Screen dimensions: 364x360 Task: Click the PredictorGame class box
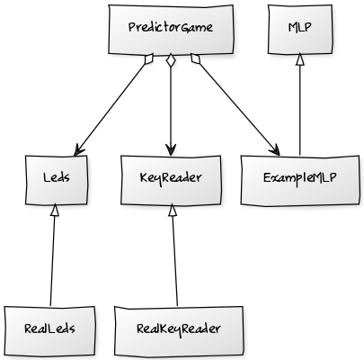point(171,30)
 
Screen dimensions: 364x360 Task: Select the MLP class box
point(300,30)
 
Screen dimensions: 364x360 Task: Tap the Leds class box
point(57,180)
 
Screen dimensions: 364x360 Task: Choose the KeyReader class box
point(171,180)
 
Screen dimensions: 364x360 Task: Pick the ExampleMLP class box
point(300,180)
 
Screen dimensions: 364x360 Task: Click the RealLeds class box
point(49,331)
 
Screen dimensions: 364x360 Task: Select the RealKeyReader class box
point(179,331)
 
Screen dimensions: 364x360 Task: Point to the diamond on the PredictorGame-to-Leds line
point(149,59)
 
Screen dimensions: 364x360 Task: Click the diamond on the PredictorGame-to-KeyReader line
point(171,60)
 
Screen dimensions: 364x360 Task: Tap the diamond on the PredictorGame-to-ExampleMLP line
point(195,58)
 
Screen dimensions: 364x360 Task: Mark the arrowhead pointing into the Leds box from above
point(78,150)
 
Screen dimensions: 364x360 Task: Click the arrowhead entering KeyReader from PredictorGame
point(171,149)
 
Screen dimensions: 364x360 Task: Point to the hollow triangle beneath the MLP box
point(300,59)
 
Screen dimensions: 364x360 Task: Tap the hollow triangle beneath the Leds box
point(55,211)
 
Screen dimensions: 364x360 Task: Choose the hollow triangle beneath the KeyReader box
point(172,211)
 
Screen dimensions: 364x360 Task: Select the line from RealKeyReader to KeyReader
point(174,261)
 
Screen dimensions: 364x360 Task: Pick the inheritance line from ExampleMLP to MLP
point(300,110)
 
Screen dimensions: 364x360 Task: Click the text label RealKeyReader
point(179,329)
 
